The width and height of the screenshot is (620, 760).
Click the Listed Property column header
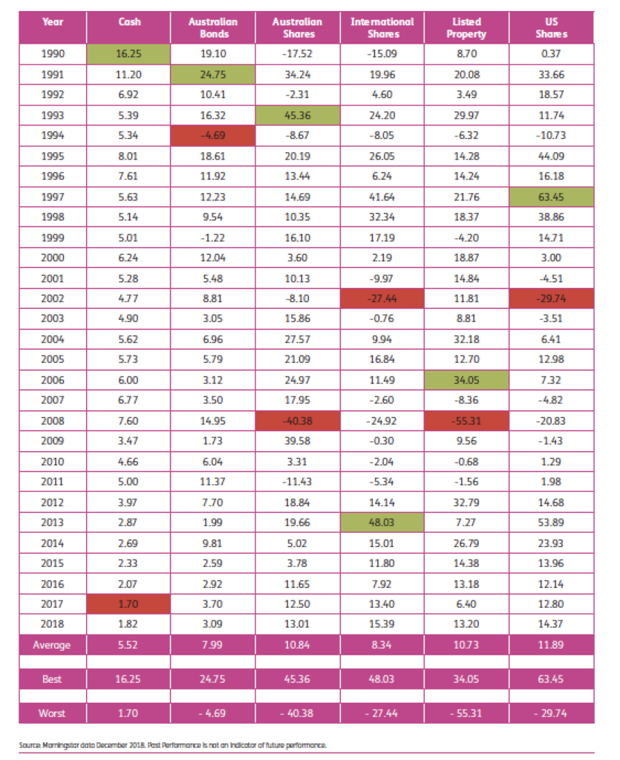pos(466,27)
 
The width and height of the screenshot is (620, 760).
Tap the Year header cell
pos(53,22)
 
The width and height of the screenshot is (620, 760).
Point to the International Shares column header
pos(382,27)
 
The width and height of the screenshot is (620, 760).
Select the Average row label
pos(53,644)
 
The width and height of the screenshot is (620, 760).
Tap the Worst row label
pos(53,713)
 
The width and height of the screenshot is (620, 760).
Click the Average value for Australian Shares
pos(297,644)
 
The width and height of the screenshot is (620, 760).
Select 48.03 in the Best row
pos(382,679)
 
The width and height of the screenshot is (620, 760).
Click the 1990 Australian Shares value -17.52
pos(297,54)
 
